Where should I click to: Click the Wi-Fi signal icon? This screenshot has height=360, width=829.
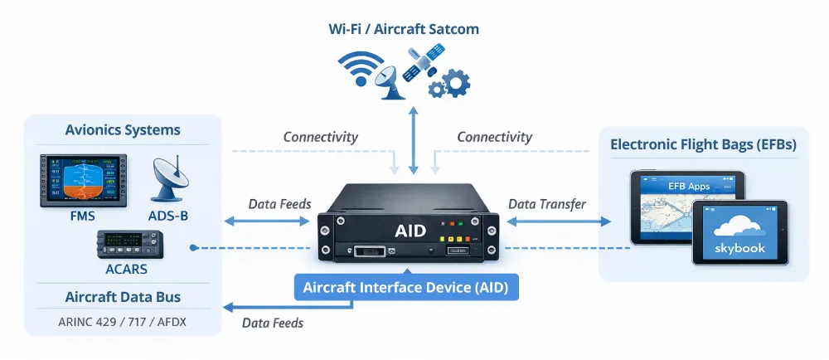(x=359, y=68)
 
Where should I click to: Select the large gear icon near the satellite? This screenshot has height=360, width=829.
(x=455, y=83)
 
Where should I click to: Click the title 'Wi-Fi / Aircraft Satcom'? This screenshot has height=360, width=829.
(x=404, y=29)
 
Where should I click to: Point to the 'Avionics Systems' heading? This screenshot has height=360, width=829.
(x=123, y=130)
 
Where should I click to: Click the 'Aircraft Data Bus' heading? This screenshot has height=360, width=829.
(x=123, y=297)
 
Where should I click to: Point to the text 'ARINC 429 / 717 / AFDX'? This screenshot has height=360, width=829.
(x=123, y=320)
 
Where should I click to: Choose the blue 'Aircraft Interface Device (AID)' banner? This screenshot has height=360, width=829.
(x=405, y=288)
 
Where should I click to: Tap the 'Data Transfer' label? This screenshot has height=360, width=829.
(x=546, y=204)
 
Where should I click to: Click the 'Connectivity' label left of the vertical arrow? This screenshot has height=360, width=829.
(x=321, y=137)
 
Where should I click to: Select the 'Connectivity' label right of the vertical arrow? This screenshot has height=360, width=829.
(x=495, y=137)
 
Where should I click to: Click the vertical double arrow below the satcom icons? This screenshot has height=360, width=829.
(x=413, y=141)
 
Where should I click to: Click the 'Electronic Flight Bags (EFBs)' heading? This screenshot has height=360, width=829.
(x=703, y=144)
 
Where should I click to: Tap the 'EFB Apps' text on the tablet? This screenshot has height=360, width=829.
(x=689, y=186)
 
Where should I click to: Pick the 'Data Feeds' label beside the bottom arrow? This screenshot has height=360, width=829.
(x=273, y=323)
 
